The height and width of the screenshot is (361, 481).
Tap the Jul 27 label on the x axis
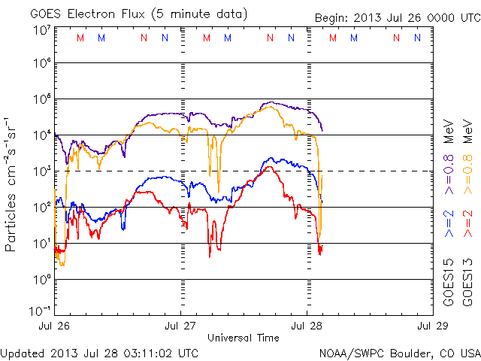pos(180,326)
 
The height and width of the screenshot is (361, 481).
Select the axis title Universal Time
pos(244,337)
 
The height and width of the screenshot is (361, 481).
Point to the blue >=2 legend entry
pos(449,223)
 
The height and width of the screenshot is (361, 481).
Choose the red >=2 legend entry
pos(467,223)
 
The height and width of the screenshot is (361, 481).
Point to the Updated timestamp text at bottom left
pos(100,352)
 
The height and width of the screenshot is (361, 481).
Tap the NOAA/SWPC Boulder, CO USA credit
pos(399,352)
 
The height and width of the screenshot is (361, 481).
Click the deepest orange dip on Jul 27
pos(219,191)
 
